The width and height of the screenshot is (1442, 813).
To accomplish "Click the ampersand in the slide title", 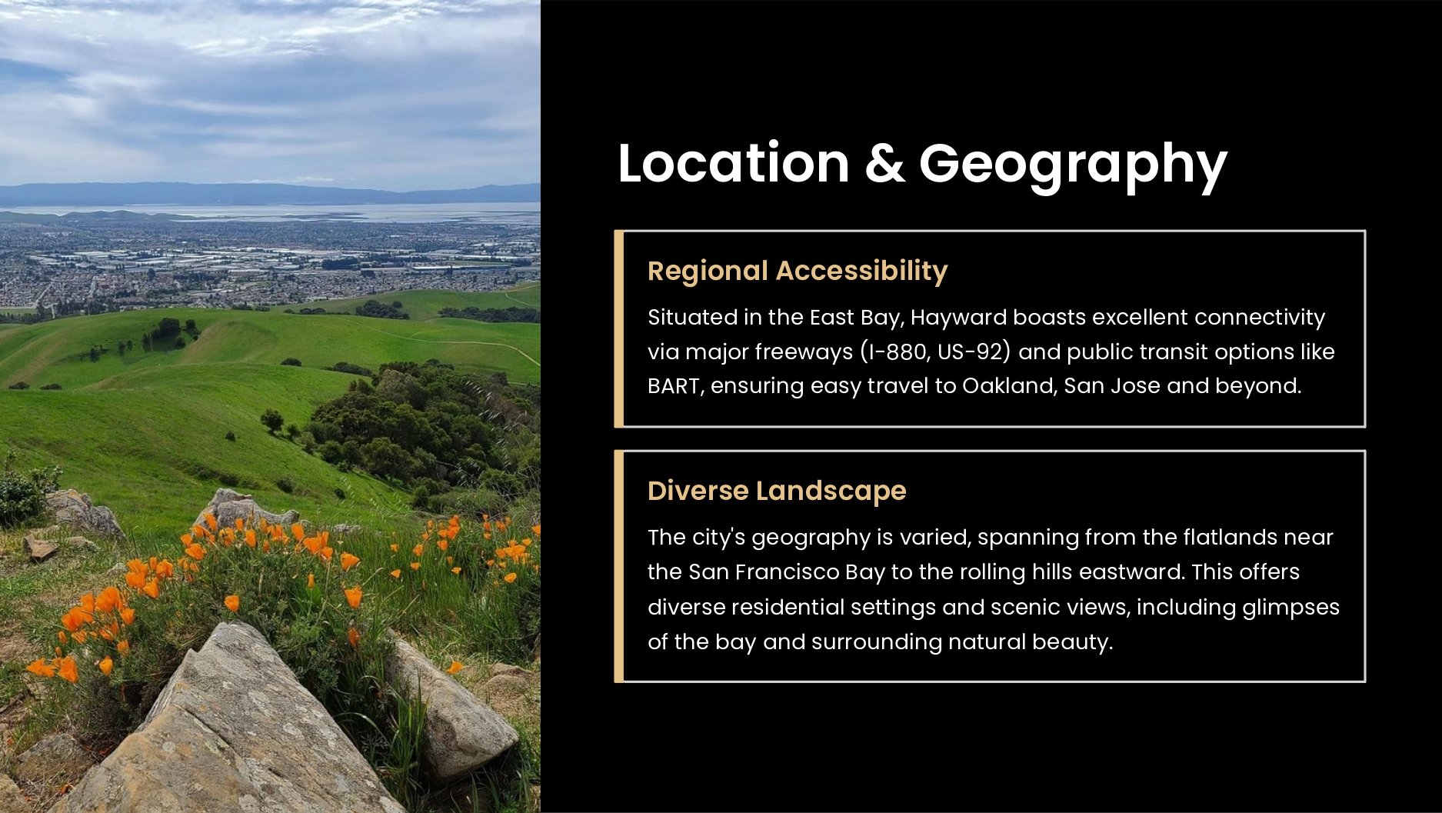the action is pyautogui.click(x=884, y=163).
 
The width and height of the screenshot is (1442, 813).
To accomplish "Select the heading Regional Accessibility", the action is pyautogui.click(x=798, y=271).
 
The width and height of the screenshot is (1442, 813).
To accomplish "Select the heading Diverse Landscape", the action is pyautogui.click(x=777, y=491).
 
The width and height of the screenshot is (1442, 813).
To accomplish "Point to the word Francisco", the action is pyautogui.click(x=786, y=571).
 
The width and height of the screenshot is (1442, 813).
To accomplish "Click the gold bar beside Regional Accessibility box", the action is pyautogui.click(x=618, y=328).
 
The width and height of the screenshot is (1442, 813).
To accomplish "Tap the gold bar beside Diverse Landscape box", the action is pyautogui.click(x=618, y=566).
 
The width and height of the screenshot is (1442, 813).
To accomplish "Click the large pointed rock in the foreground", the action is pyautogui.click(x=231, y=731).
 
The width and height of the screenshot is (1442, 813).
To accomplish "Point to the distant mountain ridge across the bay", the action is pyautogui.click(x=269, y=193).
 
